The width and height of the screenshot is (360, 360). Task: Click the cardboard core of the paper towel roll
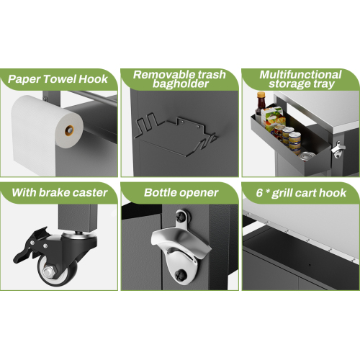pyautogui.click(x=69, y=130)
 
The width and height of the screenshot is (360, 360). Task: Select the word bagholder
pyautogui.click(x=181, y=84)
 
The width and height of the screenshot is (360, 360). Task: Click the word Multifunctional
pyautogui.click(x=300, y=75)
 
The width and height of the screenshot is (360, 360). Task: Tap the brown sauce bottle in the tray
pyautogui.click(x=260, y=106)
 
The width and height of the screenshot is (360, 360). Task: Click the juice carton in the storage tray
pyautogui.click(x=273, y=118)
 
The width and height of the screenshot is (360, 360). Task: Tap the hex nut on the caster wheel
pyautogui.click(x=50, y=271)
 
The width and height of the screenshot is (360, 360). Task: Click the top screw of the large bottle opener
pyautogui.click(x=180, y=217)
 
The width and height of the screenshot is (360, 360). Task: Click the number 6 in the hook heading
pyautogui.click(x=259, y=193)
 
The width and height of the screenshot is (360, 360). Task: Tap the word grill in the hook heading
pyautogui.click(x=282, y=194)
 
